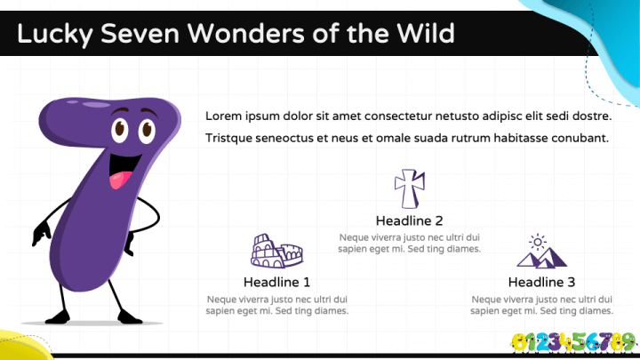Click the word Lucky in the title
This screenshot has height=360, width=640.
click(x=55, y=34)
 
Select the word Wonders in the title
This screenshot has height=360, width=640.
click(x=246, y=33)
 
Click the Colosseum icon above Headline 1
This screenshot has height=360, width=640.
click(x=276, y=251)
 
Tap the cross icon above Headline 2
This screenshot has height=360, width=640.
click(x=410, y=188)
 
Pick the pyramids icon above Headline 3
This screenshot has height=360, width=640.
click(x=541, y=251)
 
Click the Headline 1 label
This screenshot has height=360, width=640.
click(x=276, y=282)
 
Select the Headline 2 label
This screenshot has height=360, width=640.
click(x=410, y=220)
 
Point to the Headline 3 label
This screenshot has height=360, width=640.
click(x=541, y=282)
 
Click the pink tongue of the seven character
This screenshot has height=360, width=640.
click(x=120, y=180)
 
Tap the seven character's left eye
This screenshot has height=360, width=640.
click(x=120, y=130)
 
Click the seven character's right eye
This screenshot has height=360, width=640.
click(x=147, y=131)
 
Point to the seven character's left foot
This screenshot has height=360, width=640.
click(x=58, y=317)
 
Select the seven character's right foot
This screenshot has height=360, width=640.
click(x=129, y=317)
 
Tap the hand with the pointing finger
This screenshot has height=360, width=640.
click(x=41, y=234)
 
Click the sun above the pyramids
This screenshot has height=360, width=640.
click(x=538, y=242)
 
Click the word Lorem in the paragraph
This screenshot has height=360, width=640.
click(x=223, y=116)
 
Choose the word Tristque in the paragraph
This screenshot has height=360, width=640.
click(x=228, y=139)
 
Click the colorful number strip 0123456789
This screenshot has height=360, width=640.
click(x=574, y=342)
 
